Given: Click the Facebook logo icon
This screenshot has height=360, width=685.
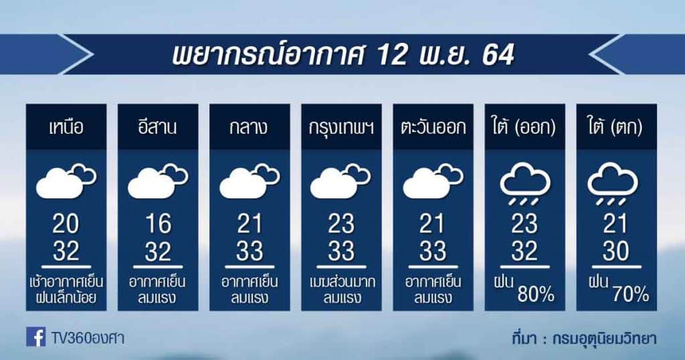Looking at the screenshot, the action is [x=36, y=337].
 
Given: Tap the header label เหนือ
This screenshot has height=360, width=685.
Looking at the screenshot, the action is [x=66, y=127].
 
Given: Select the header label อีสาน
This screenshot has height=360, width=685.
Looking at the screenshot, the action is [x=158, y=126].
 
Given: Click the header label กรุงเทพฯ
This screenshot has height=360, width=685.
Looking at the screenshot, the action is [x=341, y=128].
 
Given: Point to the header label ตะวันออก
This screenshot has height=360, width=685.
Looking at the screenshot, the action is [x=433, y=127].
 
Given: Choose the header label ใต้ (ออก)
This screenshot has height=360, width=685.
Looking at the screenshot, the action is [x=524, y=126].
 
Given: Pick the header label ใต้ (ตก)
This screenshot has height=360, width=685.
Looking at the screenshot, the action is [x=616, y=126].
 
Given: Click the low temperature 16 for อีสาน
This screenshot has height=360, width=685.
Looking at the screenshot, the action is [x=158, y=224].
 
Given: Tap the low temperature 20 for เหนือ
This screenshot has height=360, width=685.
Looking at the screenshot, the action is [x=66, y=224].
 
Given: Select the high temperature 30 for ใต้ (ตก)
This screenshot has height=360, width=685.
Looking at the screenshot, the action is [x=616, y=251].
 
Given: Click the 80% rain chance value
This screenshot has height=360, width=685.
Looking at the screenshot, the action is [x=536, y=295].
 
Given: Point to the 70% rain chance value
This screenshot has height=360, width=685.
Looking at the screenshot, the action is [x=630, y=295].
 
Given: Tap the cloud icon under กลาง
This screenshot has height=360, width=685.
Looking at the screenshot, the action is [x=250, y=181].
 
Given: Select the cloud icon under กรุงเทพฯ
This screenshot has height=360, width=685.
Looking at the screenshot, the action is [x=340, y=181].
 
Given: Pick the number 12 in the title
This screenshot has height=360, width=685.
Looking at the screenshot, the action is [x=393, y=55].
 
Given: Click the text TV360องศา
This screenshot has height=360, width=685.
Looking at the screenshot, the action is [x=88, y=338].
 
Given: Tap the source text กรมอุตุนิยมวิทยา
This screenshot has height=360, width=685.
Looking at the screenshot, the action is [x=604, y=339].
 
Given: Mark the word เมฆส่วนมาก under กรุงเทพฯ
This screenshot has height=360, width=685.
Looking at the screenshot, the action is [x=342, y=282].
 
